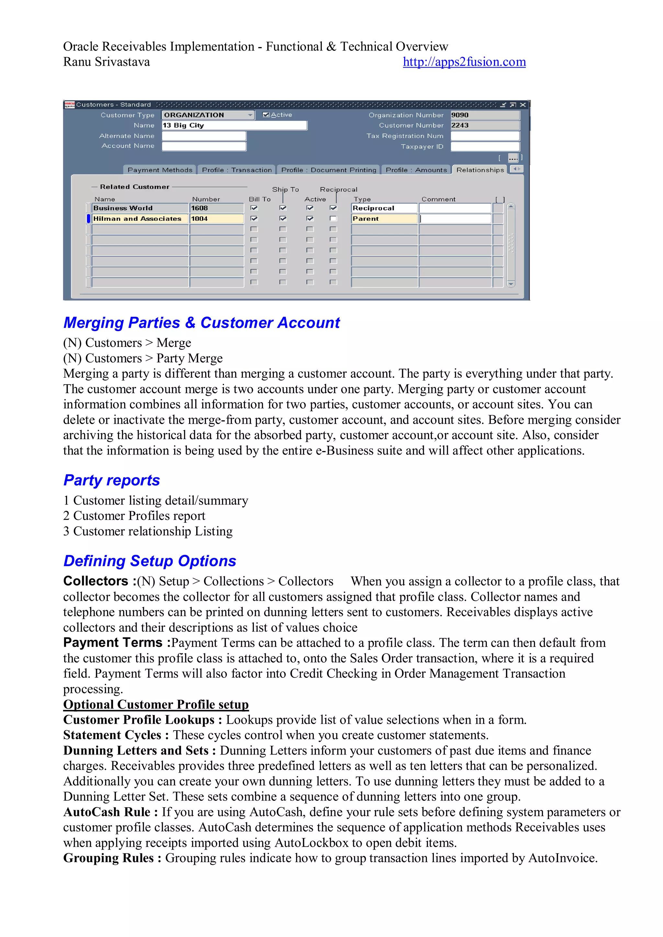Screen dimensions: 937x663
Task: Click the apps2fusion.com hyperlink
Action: (x=464, y=62)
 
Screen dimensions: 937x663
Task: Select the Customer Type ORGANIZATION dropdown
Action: (x=208, y=115)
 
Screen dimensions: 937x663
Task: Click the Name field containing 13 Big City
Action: (x=234, y=125)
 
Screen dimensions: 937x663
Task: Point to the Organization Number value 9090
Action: (x=485, y=115)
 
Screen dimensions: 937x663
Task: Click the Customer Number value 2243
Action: (x=485, y=125)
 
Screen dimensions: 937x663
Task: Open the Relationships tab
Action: (x=480, y=170)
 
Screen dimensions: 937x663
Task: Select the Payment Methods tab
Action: (x=160, y=170)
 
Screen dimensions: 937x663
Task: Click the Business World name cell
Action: (x=140, y=208)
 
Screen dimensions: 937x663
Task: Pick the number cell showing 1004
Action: (x=216, y=219)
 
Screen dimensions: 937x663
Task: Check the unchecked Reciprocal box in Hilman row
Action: (x=333, y=219)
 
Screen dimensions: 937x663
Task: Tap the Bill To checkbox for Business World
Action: (x=254, y=208)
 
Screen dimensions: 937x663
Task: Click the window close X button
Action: (x=523, y=105)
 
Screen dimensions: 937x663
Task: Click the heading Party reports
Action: (x=111, y=480)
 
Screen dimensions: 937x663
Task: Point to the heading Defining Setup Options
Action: (x=150, y=561)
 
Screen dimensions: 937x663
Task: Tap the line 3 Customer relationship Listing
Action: (x=148, y=531)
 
